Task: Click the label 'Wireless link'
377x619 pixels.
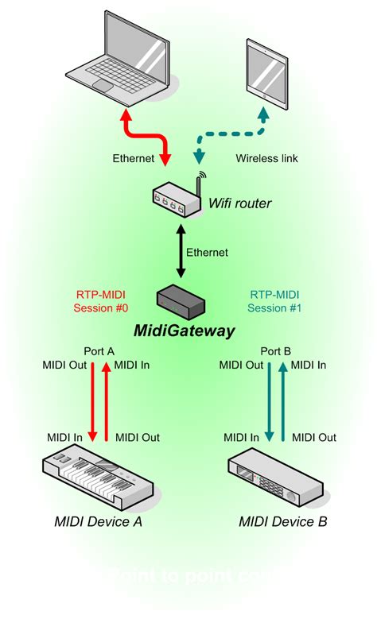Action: click(267, 159)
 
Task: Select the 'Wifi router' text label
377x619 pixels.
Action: click(240, 204)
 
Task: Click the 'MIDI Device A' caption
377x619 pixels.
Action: click(99, 522)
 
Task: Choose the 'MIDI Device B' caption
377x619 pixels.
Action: click(282, 522)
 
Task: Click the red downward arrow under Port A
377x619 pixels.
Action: click(93, 401)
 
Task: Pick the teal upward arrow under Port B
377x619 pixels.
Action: click(282, 401)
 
